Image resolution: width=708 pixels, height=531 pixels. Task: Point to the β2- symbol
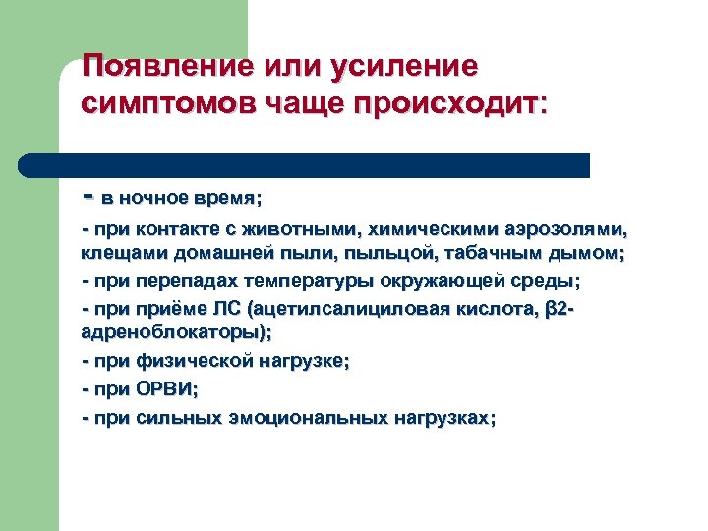pyautogui.click(x=557, y=309)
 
